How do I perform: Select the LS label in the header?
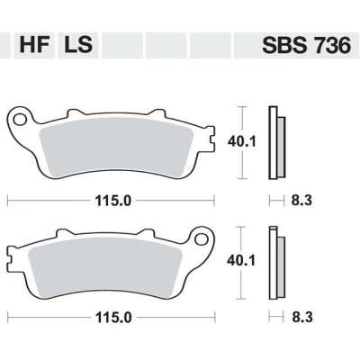[78, 43]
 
